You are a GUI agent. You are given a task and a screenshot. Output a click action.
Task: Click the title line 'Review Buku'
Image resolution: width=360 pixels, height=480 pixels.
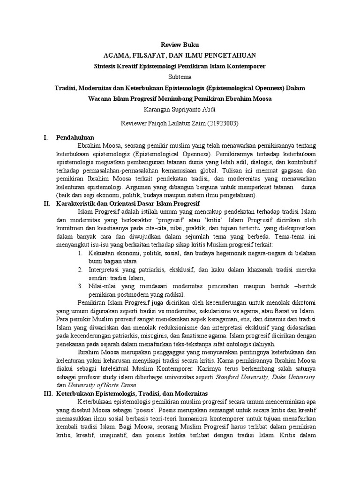[x=180, y=45]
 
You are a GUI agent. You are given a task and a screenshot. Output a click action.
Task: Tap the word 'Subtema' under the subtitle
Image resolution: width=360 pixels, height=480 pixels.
[x=180, y=76]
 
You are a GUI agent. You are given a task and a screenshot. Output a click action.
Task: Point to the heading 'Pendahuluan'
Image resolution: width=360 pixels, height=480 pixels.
[x=75, y=138]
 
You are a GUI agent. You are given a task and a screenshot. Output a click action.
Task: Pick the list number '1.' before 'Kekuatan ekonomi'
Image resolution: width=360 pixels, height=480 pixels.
[x=81, y=253]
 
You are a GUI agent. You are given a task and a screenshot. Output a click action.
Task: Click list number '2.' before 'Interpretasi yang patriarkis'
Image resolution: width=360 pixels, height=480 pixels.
[x=81, y=270]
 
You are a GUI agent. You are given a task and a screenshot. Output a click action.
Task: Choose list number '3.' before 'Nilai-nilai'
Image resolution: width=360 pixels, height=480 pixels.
[x=81, y=286]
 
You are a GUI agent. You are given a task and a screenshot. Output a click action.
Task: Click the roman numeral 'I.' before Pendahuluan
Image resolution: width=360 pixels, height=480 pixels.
[x=45, y=138]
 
